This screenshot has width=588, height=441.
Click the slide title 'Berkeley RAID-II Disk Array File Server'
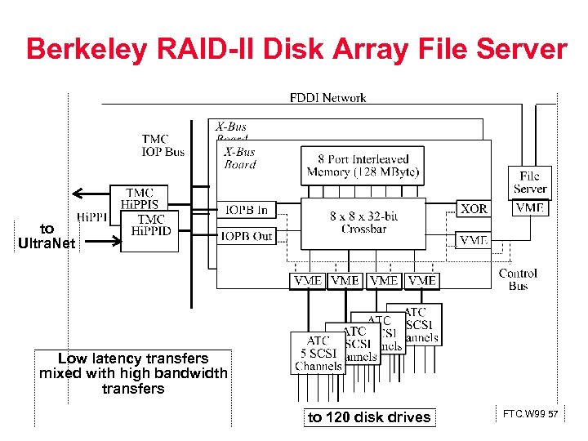pos(296,49)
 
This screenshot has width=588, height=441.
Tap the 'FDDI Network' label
pos(327,98)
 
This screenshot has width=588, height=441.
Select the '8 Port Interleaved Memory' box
pos(363,166)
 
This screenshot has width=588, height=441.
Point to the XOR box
pos(474,209)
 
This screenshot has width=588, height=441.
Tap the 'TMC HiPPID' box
pos(151,226)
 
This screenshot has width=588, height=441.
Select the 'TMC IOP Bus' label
pos(163,145)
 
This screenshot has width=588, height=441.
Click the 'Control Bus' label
pos(518,279)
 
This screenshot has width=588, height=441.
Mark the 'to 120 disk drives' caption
pos(368,417)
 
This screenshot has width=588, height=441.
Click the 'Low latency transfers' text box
pos(133,373)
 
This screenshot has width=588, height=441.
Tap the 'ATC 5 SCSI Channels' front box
pos(318,354)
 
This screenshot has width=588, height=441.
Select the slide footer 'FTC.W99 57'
pos(530,415)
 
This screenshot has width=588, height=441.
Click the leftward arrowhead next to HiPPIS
pos(78,194)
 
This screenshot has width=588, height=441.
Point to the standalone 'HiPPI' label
pos(92,217)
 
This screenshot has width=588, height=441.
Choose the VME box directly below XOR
pos(474,240)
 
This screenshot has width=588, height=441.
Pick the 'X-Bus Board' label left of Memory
pos(239,158)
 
